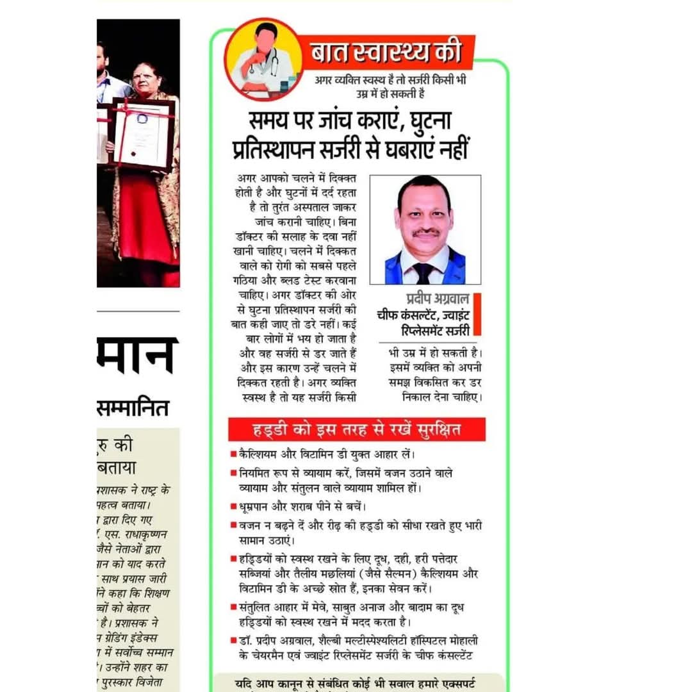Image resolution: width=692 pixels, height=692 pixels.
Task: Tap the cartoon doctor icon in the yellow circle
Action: pos(264,60)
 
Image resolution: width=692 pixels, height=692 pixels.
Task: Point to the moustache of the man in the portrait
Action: pos(424,233)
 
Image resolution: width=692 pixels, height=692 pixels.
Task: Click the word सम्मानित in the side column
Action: pos(133,407)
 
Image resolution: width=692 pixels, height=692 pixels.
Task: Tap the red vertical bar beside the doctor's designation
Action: pos(477,315)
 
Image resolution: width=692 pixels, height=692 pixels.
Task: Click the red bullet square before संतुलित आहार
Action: pos(234,605)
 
